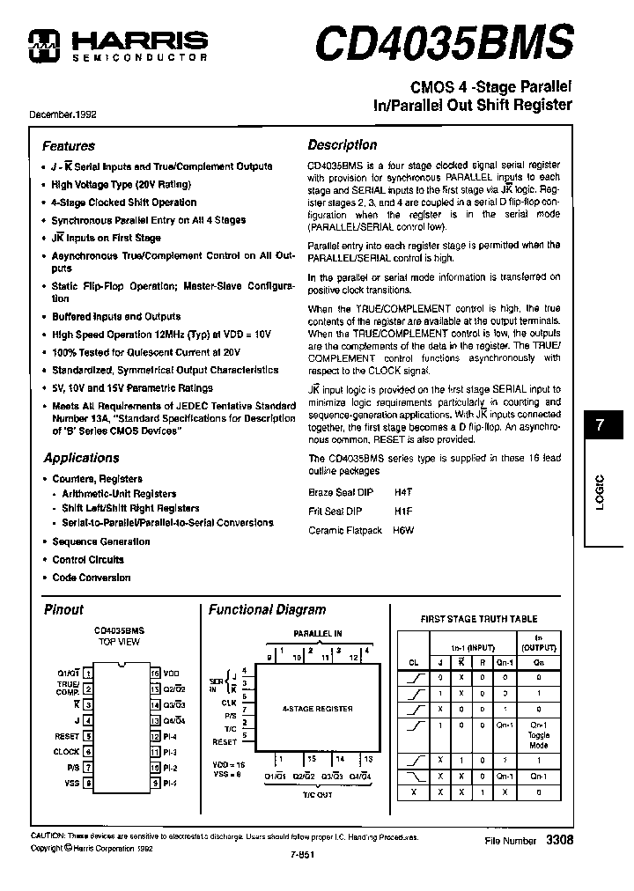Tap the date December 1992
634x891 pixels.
tap(64, 114)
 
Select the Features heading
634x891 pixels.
tap(68, 146)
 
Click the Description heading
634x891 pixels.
tap(342, 145)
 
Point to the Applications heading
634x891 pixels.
tap(81, 458)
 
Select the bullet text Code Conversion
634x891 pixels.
tap(91, 578)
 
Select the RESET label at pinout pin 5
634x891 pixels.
tap(67, 736)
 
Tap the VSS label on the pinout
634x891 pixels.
tap(71, 782)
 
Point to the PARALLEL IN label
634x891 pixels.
tap(317, 633)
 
